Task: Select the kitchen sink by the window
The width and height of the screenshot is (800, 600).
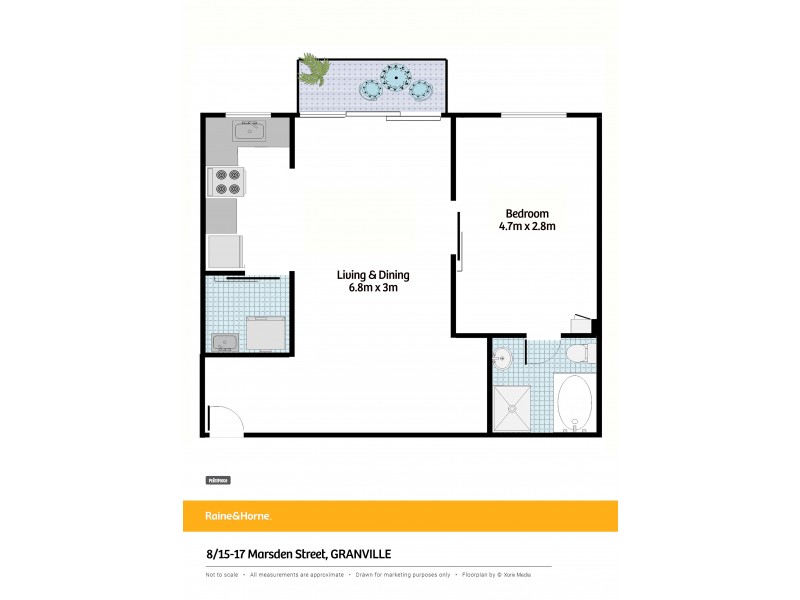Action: pos(248,130)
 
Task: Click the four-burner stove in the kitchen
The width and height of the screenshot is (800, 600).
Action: pos(226,182)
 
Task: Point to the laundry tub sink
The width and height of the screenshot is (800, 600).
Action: pos(225,342)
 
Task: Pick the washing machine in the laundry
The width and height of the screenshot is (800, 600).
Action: pos(267,332)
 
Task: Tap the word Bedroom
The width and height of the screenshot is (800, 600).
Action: pos(526,213)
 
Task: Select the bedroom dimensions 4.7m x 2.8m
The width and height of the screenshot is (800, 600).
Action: pos(527,227)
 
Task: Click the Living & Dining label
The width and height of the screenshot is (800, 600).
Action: pos(372,276)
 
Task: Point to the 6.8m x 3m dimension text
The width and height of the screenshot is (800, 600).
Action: pos(372,290)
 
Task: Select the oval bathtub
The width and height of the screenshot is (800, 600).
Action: pos(574,402)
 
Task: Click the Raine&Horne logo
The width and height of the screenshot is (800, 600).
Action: pos(225,516)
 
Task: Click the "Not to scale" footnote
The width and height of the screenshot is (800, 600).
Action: pos(223,575)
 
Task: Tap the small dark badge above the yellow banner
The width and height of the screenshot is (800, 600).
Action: pos(218,480)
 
